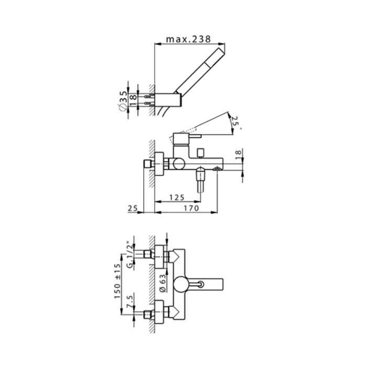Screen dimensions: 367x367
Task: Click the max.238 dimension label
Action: tap(188, 39)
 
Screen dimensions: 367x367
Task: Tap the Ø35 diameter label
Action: tap(123, 101)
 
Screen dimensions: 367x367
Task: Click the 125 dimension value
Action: tap(177, 197)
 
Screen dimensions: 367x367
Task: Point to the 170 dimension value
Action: tap(191, 208)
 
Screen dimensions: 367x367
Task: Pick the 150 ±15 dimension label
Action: tap(117, 281)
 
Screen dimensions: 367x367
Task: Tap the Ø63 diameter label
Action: tap(163, 283)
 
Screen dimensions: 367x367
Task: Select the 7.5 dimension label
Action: tap(129, 302)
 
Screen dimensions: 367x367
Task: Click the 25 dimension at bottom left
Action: tap(133, 208)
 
